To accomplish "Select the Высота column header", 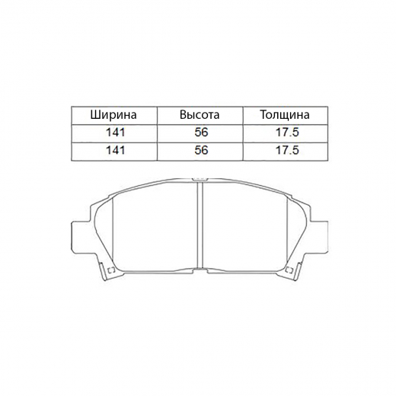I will pyautogui.click(x=200, y=116).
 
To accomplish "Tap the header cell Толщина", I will pyautogui.click(x=284, y=116).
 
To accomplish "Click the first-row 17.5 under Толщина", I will pyautogui.click(x=283, y=133).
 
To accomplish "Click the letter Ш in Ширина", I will pyautogui.click(x=94, y=116).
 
